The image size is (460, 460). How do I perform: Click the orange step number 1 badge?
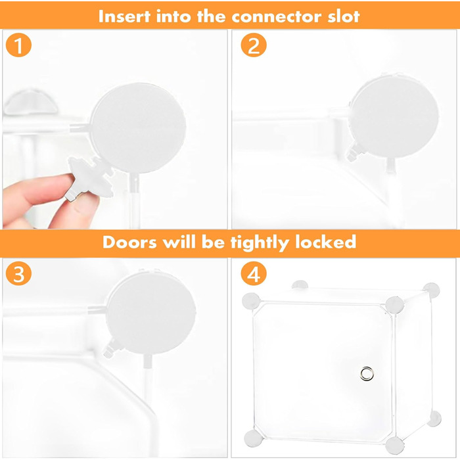(18, 45)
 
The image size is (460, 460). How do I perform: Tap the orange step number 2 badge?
(254, 45)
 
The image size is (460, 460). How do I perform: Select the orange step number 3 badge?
(18, 273)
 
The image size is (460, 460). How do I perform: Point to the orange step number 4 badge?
(254, 273)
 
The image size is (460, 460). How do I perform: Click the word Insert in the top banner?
(124, 16)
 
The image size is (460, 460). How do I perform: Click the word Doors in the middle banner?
(129, 242)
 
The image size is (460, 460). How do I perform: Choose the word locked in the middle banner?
(326, 242)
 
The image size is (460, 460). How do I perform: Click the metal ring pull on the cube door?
(367, 373)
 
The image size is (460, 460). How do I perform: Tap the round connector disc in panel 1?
(138, 128)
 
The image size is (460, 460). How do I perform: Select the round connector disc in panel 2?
(394, 116)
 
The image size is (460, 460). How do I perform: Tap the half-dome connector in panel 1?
(32, 103)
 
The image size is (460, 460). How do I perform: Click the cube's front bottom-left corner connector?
(252, 438)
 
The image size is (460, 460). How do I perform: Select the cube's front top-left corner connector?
(251, 300)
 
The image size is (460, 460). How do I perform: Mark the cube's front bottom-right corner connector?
(394, 446)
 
